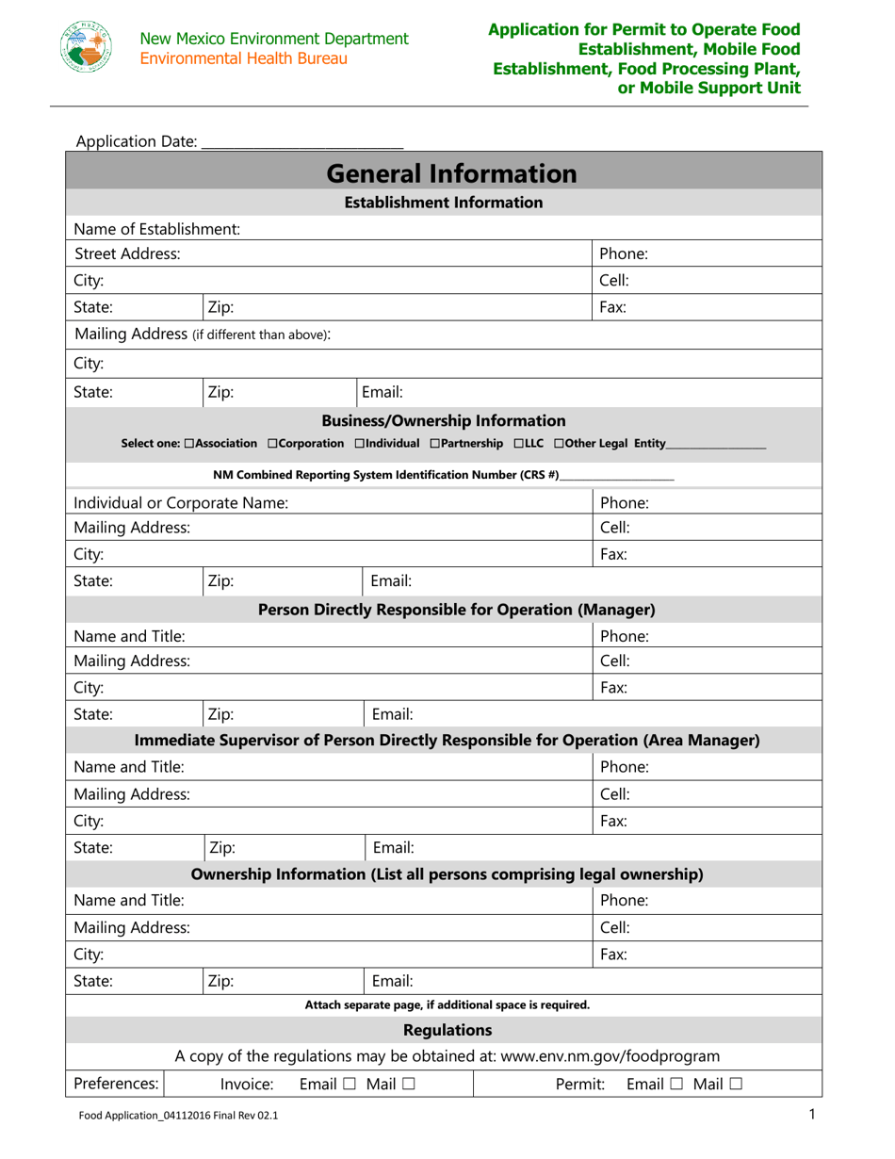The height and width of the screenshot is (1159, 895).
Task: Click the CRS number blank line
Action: click(x=617, y=476)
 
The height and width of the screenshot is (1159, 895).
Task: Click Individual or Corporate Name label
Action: click(x=180, y=503)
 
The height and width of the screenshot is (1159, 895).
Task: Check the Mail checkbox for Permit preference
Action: click(x=734, y=1086)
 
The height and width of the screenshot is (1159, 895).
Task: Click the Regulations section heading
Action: click(x=447, y=1029)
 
